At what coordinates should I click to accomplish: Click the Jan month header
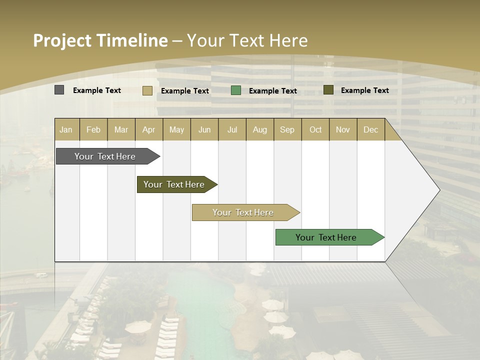pos(66,130)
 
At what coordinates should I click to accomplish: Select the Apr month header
pos(149,130)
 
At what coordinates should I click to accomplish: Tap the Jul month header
pos(232,130)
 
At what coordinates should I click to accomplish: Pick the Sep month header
pos(287,130)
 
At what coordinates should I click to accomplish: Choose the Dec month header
pos(370,130)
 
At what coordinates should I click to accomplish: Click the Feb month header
pos(93,130)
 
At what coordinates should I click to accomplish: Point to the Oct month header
pos(315,130)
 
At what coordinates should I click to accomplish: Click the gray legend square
pos(59,90)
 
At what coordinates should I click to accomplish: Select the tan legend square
pos(147,90)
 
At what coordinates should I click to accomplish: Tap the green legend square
pos(236,90)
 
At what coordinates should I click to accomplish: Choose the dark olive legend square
pos(328,90)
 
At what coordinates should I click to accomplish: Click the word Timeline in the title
pos(132,40)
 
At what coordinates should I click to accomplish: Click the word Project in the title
pos(62,40)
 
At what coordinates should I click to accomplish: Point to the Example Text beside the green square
pos(272,91)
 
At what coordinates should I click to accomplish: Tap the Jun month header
pos(204,130)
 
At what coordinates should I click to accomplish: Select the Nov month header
pos(343,130)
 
